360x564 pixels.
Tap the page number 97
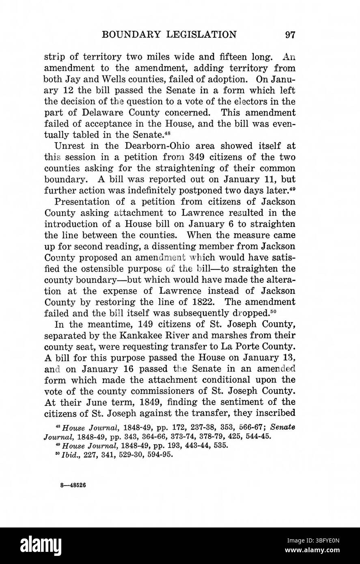coord(290,34)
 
